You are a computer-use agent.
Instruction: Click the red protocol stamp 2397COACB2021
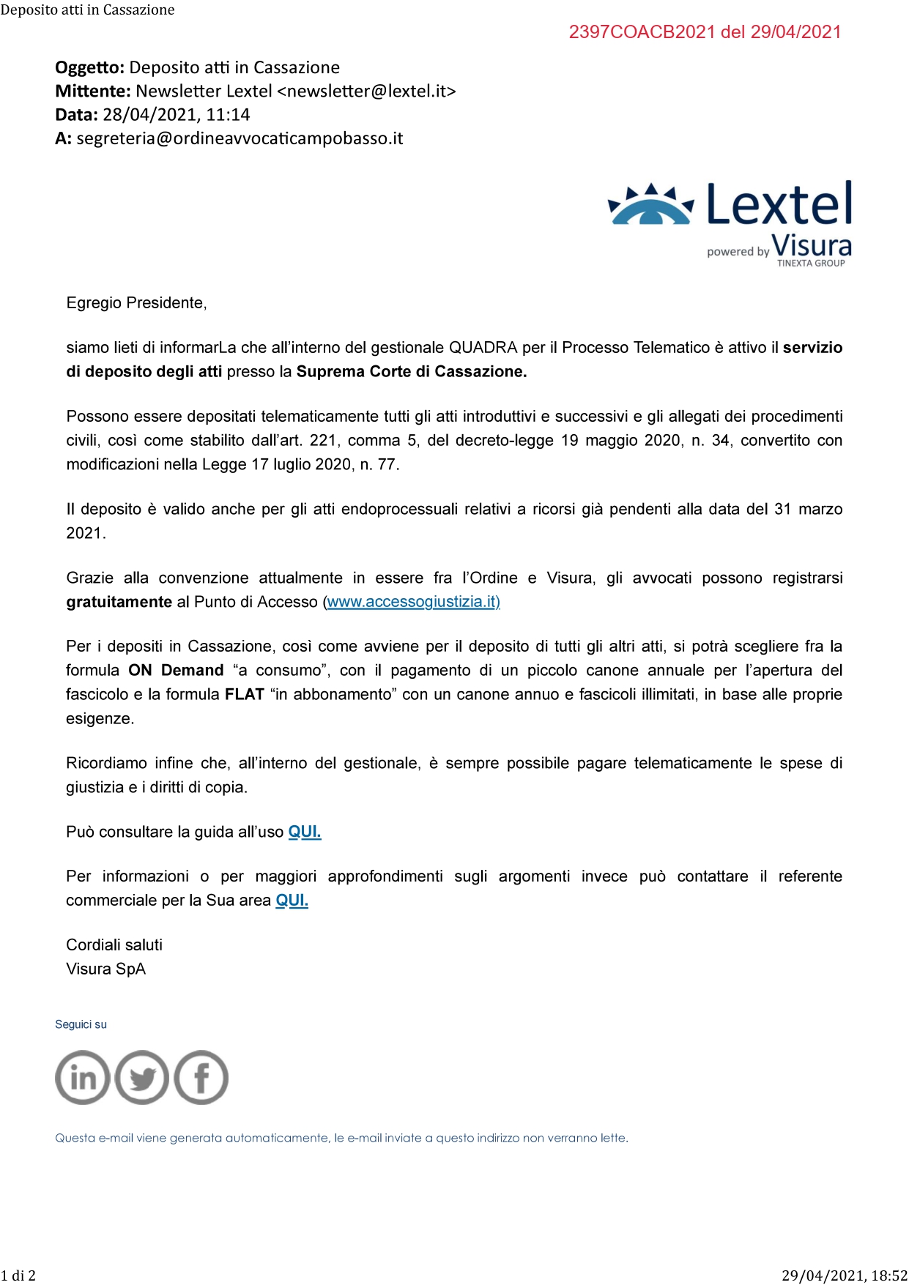pos(705,32)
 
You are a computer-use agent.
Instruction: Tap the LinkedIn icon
pos(83,1077)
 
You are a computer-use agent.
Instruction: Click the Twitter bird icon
pos(142,1077)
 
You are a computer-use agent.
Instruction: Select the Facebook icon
pos(201,1077)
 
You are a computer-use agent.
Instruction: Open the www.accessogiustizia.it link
pos(413,602)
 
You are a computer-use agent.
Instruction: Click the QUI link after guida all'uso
pos(305,832)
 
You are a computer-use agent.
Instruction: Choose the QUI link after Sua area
pos(292,900)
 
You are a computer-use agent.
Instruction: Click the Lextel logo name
pos(779,205)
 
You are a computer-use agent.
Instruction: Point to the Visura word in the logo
pos(812,245)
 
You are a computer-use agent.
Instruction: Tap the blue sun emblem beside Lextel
pos(650,204)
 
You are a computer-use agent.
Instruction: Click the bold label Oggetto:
pos(89,67)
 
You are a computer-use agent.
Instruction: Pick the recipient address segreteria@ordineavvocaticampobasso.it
pos(240,138)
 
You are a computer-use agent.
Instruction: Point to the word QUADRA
pos(483,348)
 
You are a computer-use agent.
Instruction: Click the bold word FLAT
pos(244,694)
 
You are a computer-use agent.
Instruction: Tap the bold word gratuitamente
pos(119,602)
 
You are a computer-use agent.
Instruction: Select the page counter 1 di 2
pos(18,1275)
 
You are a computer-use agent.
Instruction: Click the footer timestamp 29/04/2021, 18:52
pos(845,1275)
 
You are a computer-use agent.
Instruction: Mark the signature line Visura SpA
pos(105,969)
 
